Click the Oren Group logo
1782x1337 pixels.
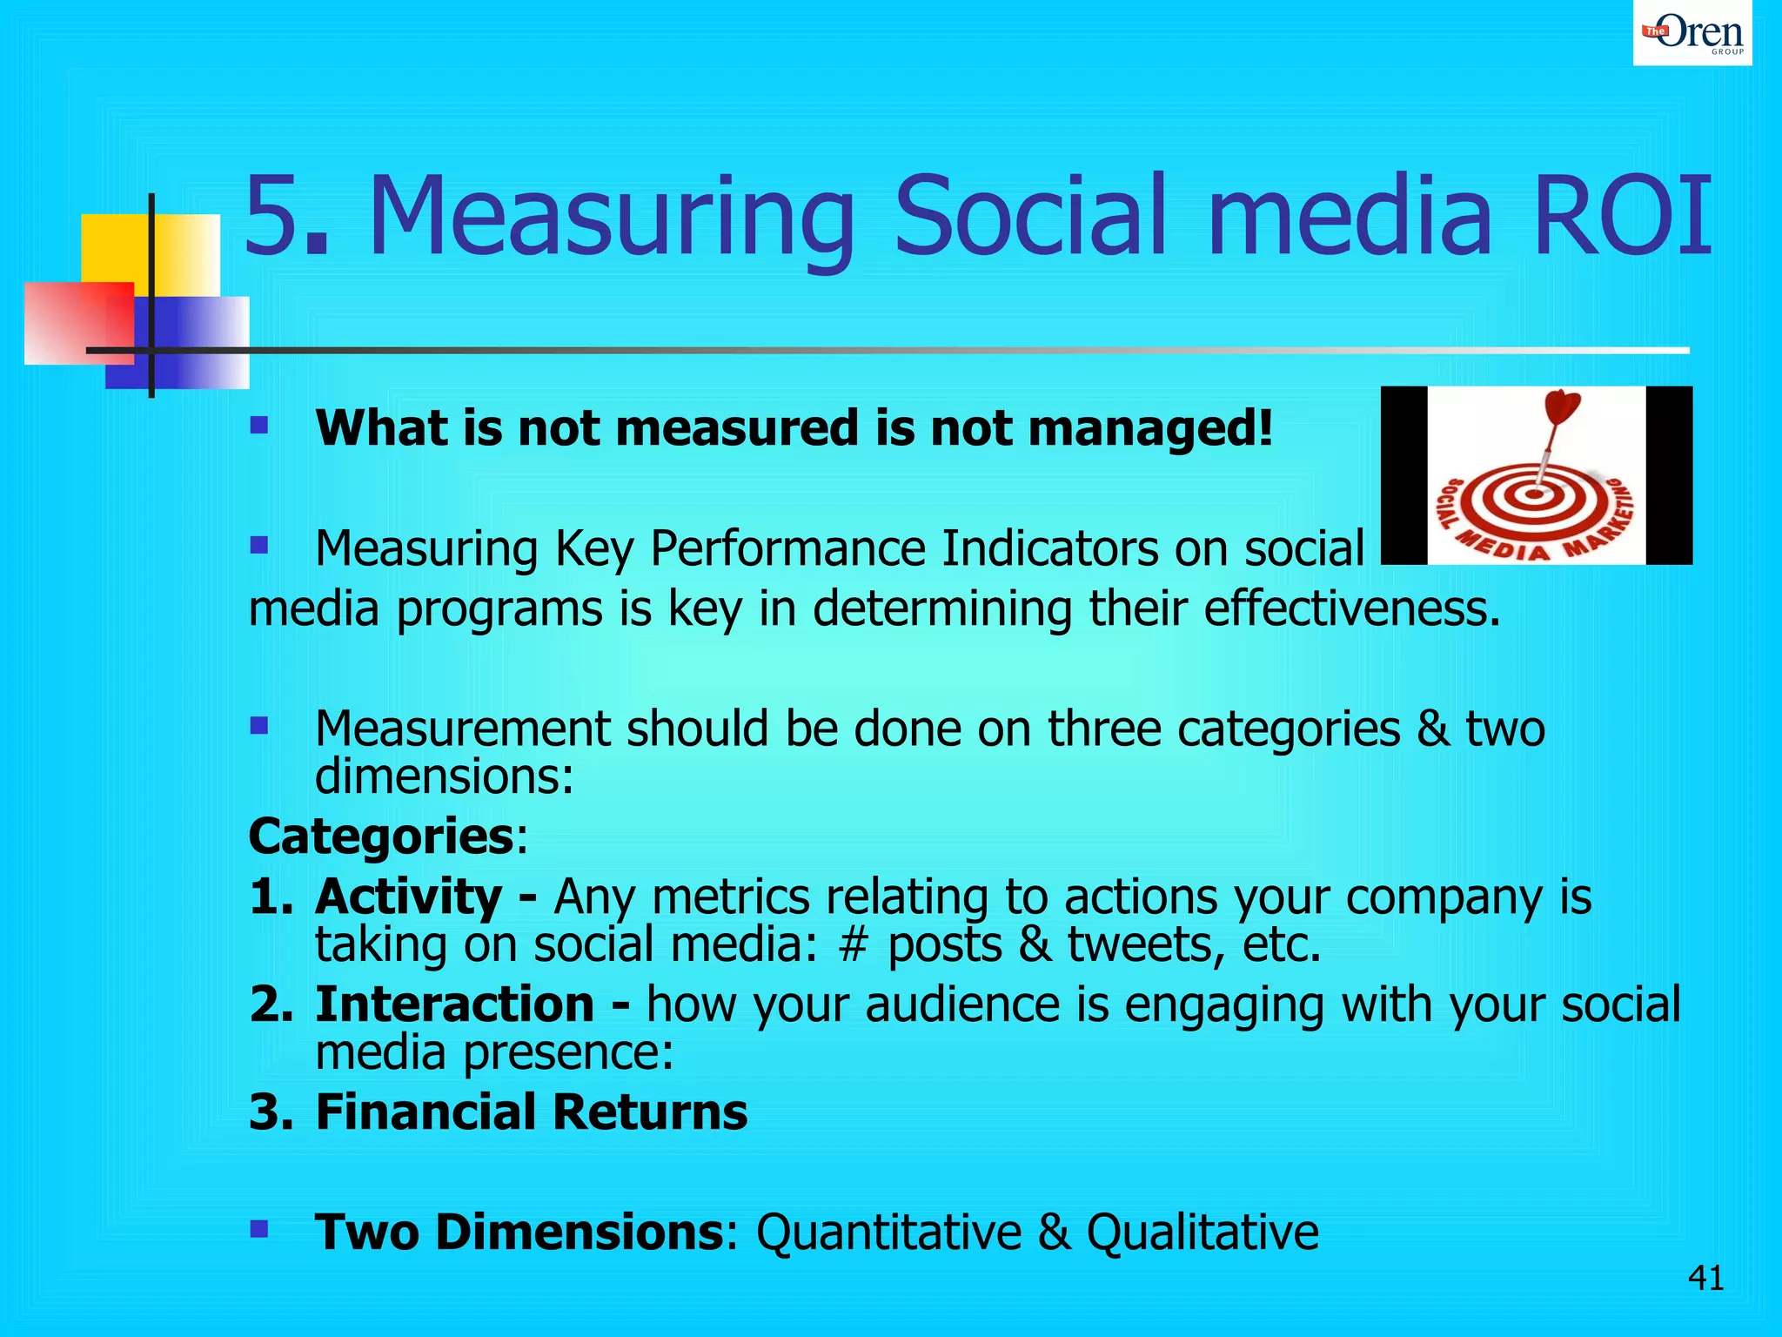[x=1692, y=33]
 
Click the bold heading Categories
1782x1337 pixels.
[x=381, y=836]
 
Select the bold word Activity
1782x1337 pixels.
[x=408, y=897]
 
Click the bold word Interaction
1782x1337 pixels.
[x=454, y=1004]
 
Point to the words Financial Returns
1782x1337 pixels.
[x=531, y=1112]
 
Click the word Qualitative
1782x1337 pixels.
[x=1202, y=1233]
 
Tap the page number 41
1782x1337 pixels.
[x=1705, y=1279]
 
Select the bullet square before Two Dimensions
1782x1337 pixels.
[x=258, y=1228]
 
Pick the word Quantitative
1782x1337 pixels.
[x=888, y=1233]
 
